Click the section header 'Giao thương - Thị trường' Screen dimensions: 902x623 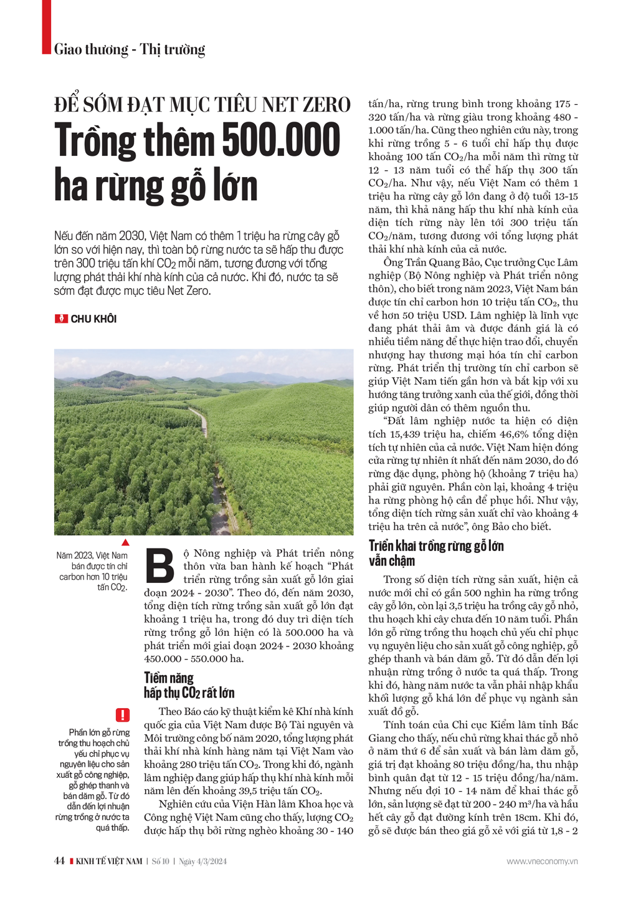click(x=130, y=49)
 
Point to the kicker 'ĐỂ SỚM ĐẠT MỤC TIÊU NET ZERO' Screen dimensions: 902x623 click(x=202, y=104)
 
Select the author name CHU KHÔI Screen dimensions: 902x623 click(x=93, y=319)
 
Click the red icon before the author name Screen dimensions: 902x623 click(x=61, y=319)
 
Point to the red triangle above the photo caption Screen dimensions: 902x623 click(x=125, y=542)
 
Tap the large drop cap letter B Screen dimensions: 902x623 click(x=160, y=566)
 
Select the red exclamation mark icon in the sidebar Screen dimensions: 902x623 click(x=122, y=715)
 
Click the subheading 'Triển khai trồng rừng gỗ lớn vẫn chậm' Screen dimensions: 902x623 click(x=435, y=553)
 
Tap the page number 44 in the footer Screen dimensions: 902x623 click(x=59, y=861)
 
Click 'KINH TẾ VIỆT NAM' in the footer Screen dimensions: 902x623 click(x=108, y=861)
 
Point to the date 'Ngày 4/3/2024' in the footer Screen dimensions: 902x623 click(x=202, y=861)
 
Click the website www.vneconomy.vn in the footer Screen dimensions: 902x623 click(x=541, y=861)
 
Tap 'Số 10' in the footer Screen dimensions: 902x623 click(x=161, y=861)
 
